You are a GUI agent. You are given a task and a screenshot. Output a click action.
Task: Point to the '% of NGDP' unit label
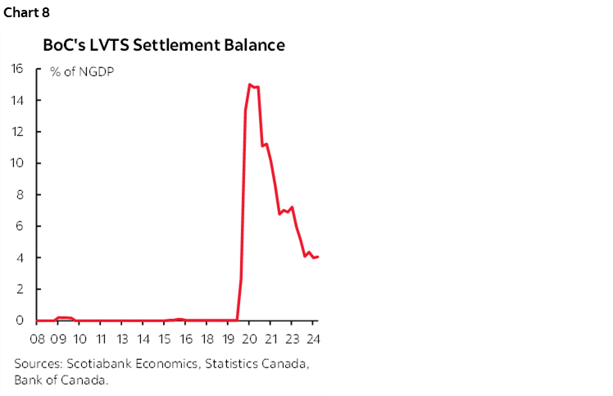(x=82, y=72)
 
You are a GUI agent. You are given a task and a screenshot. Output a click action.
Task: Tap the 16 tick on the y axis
(x=17, y=69)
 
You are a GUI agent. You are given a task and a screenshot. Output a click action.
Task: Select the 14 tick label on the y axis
(x=17, y=100)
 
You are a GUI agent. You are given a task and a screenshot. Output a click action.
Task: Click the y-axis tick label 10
(x=17, y=163)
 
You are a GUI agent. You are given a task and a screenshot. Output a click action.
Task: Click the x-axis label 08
(x=38, y=339)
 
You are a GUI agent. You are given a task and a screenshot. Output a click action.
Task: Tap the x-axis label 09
(x=59, y=339)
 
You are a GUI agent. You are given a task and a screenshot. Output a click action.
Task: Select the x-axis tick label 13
(x=121, y=339)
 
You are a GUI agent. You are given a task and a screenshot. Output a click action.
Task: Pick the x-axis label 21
(x=272, y=339)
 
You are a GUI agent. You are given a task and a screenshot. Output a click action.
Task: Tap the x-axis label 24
(x=314, y=339)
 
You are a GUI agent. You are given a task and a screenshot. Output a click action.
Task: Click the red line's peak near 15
(x=249, y=84)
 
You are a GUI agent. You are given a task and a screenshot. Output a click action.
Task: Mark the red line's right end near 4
(x=318, y=257)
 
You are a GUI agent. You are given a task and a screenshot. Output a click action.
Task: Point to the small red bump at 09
(x=63, y=317)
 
